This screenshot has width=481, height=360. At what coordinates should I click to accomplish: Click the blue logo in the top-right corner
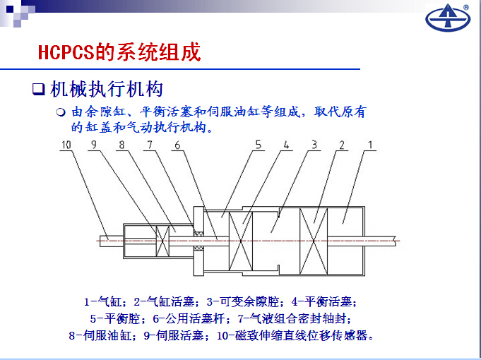tap(448, 18)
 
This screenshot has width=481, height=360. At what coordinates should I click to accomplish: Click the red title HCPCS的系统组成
tap(119, 52)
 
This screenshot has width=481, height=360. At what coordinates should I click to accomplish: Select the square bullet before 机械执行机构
tap(39, 89)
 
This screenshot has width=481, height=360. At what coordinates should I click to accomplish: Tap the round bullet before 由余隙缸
tap(61, 112)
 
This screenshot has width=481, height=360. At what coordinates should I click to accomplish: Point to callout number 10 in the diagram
tap(66, 145)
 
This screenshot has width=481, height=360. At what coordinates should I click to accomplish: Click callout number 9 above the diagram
tap(94, 145)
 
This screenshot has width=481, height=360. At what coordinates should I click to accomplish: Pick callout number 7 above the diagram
tap(150, 145)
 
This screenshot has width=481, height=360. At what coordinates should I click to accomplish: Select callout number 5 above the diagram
tap(259, 145)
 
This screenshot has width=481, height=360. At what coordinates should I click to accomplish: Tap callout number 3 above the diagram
tap(314, 145)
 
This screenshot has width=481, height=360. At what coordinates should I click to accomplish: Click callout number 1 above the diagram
tap(370, 145)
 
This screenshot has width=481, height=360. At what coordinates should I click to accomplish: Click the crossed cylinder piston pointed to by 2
tap(314, 241)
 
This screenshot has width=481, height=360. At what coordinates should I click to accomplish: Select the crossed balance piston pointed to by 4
tap(241, 241)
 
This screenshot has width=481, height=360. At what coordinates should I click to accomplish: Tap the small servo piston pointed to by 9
tap(162, 241)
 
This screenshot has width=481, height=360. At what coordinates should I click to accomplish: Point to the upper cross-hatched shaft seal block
tap(198, 234)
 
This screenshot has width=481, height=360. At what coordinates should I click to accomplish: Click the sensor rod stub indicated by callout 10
tap(112, 241)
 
